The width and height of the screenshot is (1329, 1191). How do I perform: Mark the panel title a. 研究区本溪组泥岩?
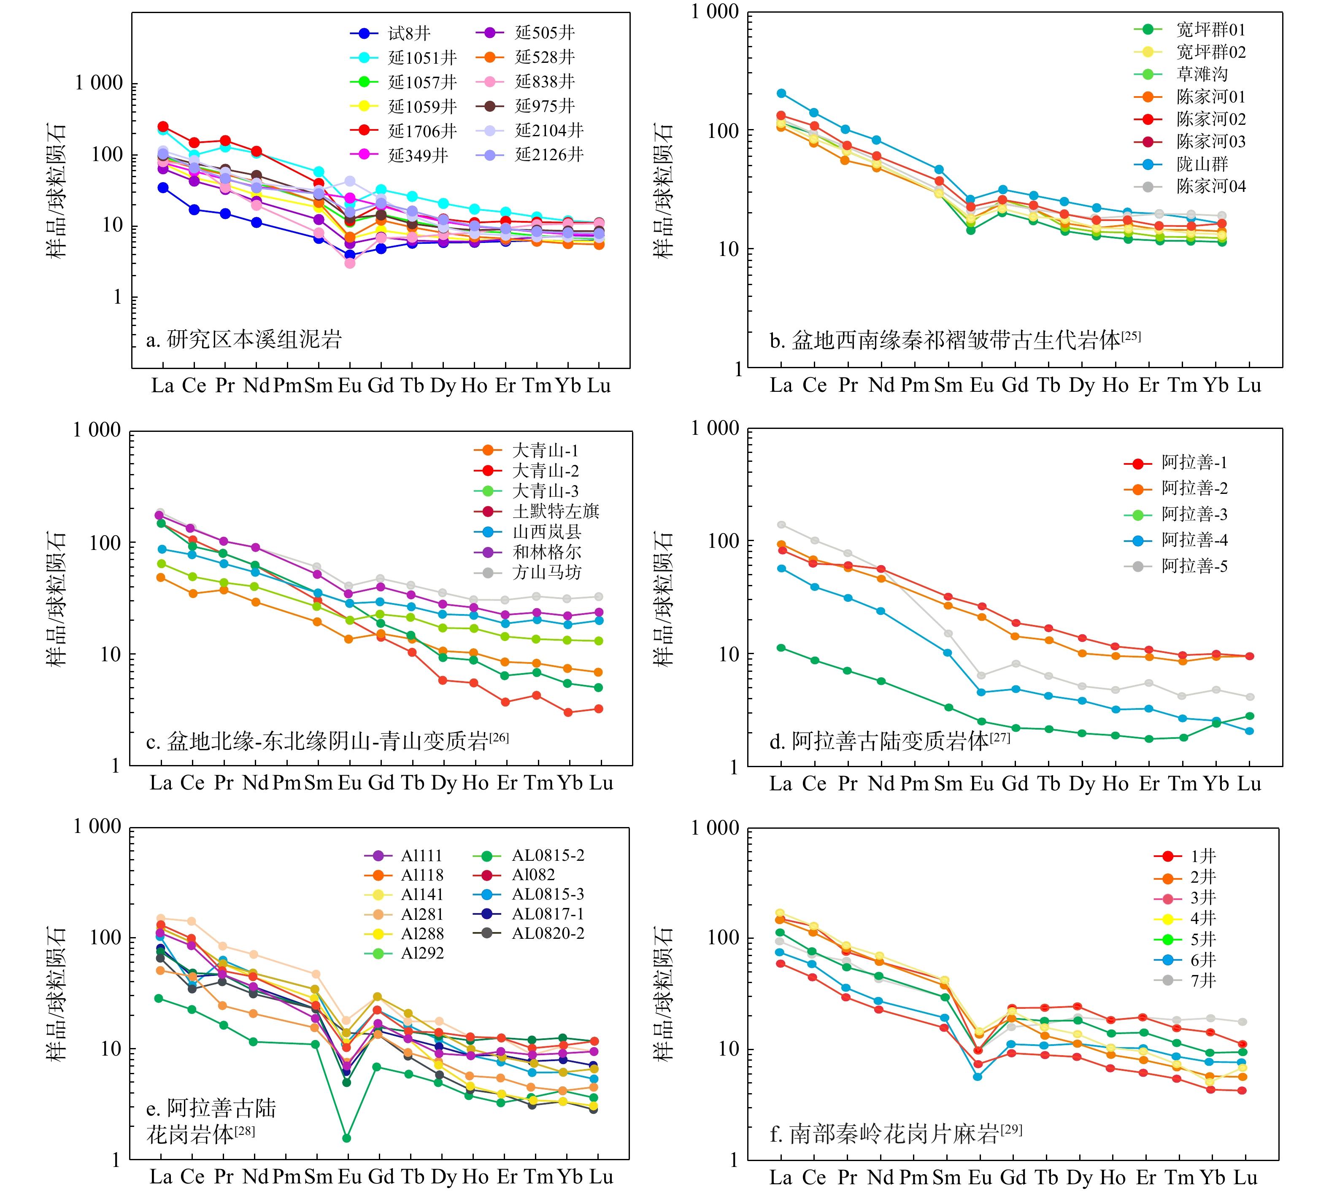(243, 339)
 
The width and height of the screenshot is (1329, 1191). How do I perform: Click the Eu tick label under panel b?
(981, 385)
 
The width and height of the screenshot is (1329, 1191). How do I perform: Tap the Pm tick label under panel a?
(287, 386)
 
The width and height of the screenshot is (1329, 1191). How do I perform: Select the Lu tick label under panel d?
(1249, 783)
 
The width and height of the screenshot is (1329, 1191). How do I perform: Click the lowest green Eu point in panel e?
(346, 1138)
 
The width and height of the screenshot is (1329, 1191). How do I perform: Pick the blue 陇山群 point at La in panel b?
(781, 94)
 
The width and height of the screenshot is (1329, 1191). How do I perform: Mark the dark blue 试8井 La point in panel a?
(163, 188)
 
